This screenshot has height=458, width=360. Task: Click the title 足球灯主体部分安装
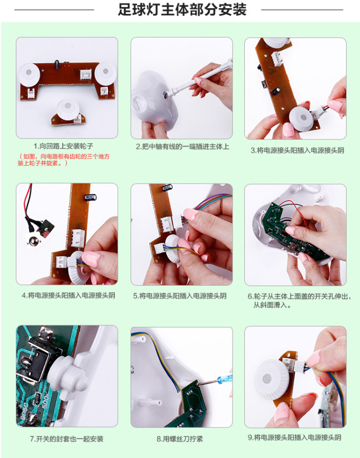182,10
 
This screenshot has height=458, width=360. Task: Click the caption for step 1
63,146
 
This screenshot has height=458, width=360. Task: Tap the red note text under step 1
64,160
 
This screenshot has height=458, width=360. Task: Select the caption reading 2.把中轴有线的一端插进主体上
183,147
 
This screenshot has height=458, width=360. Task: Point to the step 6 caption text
299,301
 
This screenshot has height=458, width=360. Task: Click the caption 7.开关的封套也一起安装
66,439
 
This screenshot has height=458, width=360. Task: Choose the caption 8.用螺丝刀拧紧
179,439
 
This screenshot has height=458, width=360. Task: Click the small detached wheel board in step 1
68,113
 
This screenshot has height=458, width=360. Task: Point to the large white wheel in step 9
271,379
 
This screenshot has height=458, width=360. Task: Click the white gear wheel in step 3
303,118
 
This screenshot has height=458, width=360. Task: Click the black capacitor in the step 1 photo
57,64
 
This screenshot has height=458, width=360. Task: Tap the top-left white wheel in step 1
29,73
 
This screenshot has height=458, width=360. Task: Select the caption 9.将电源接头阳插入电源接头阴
295,437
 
